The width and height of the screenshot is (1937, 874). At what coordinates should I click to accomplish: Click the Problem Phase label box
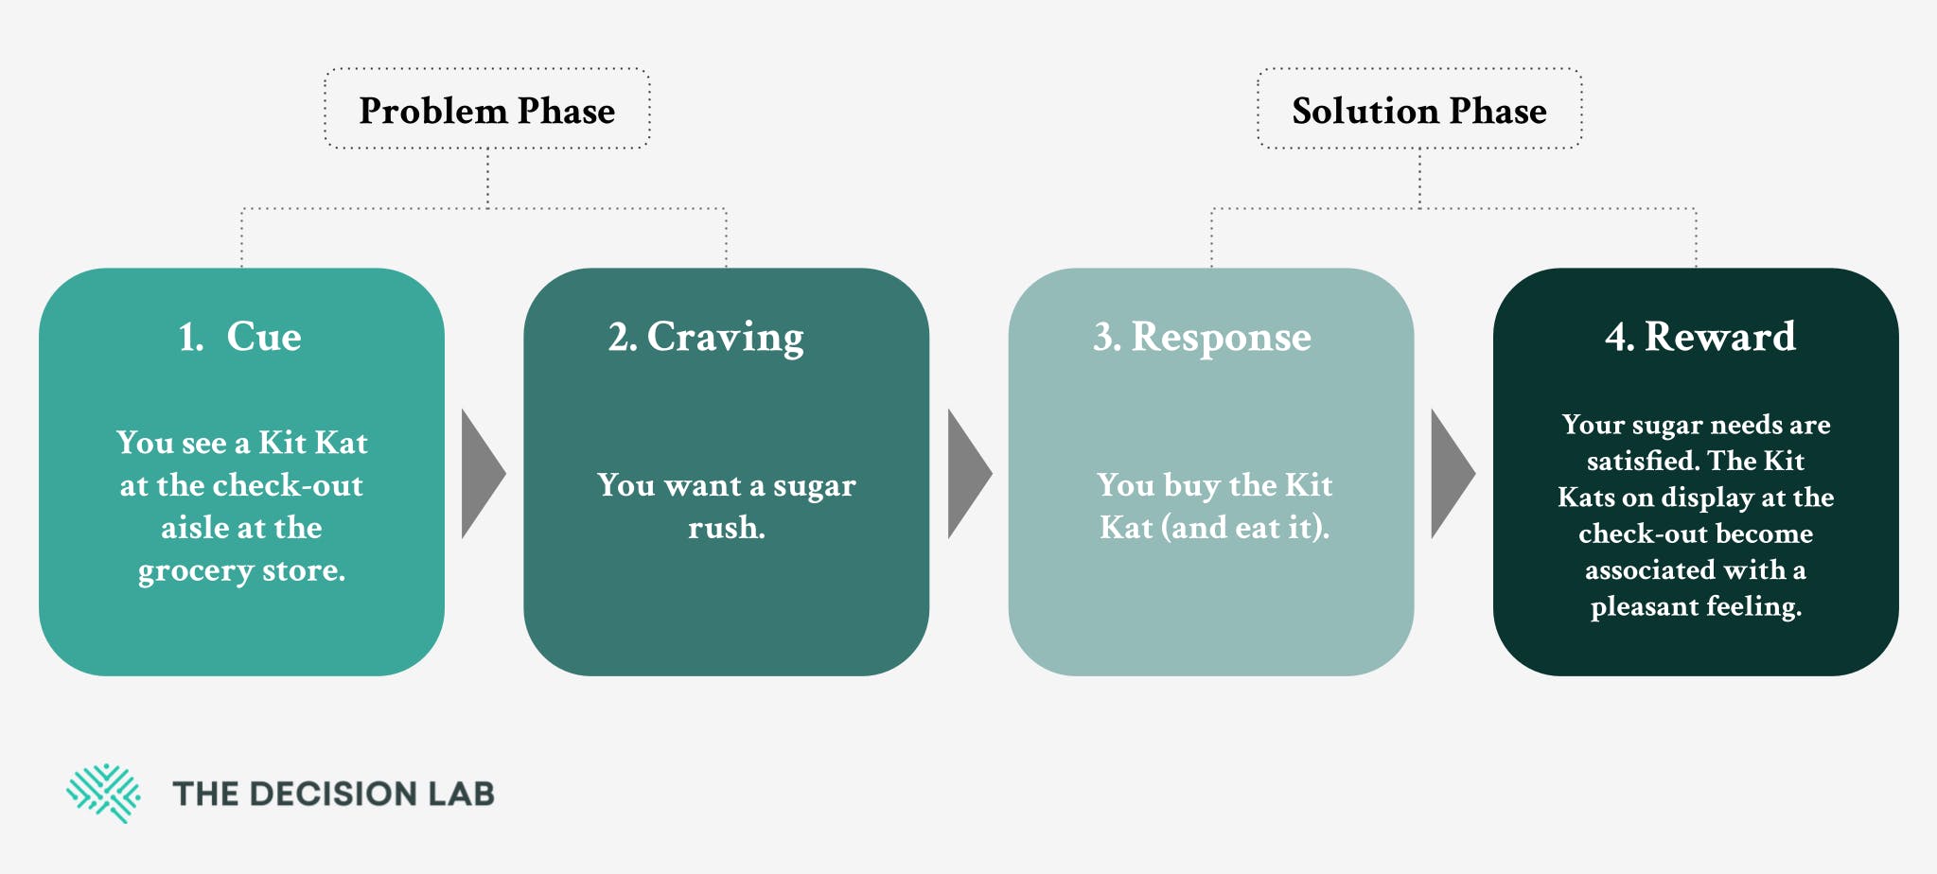487,109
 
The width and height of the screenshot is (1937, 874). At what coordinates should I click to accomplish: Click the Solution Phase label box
1419,109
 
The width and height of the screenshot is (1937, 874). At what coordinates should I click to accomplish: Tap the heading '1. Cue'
240,337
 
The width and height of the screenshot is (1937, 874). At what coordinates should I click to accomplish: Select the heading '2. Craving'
706,338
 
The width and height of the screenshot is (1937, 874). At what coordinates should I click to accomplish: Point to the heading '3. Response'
1202,338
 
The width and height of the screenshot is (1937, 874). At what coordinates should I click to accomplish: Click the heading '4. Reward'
1700,337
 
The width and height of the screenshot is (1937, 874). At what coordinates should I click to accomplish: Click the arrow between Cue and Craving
483,474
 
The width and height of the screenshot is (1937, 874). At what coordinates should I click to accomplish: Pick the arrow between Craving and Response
969,474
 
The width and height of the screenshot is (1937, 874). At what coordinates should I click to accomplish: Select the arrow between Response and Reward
1453,474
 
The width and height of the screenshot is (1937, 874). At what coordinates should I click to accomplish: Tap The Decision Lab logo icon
103,793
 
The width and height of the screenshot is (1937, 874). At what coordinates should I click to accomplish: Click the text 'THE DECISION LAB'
333,794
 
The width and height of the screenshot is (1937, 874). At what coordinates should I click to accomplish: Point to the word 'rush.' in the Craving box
727,528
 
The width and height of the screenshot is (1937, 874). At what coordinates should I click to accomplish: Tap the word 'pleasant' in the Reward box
1641,607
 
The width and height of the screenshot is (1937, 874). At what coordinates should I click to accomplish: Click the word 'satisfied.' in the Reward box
1645,461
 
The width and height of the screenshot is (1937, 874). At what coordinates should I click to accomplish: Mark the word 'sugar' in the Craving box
815,487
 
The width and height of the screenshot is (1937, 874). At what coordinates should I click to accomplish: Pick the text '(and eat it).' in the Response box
1251,528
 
